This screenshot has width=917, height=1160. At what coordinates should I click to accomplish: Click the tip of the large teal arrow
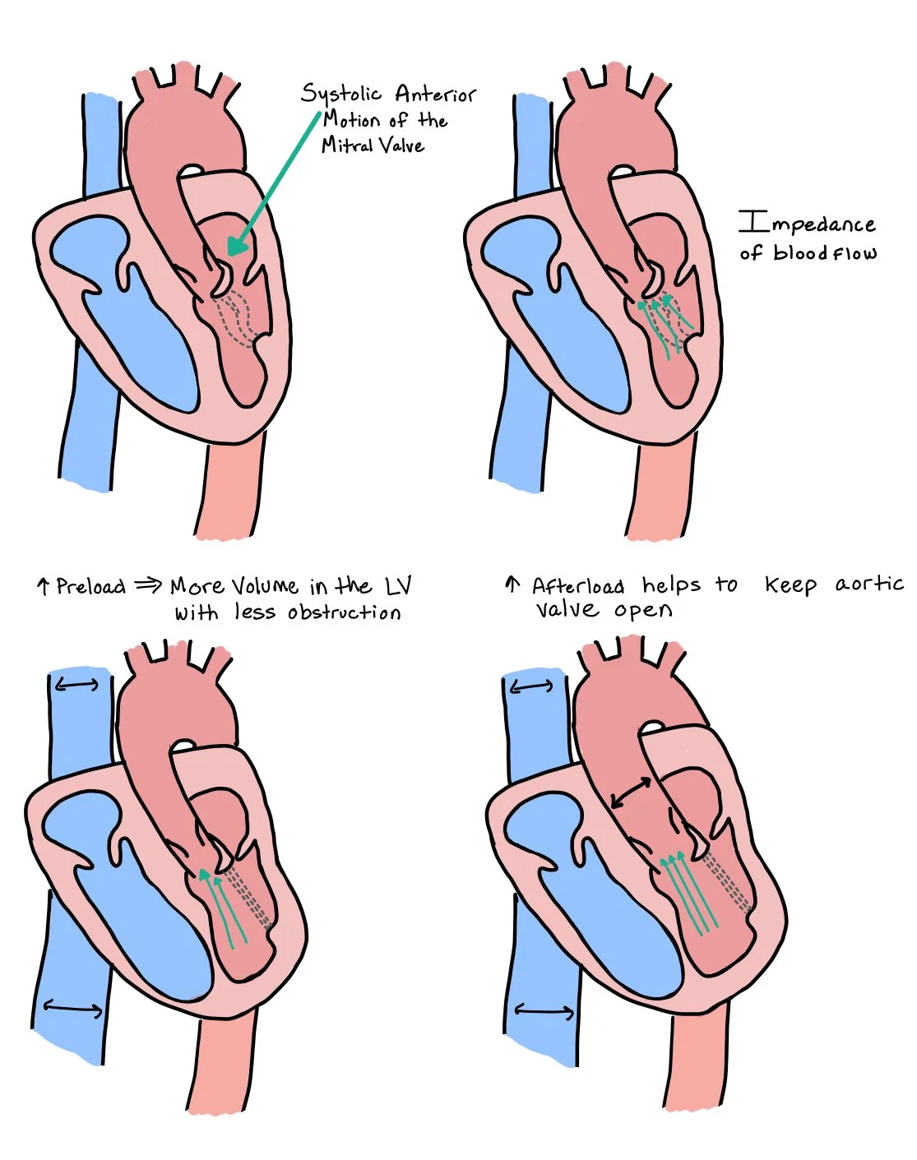click(x=231, y=252)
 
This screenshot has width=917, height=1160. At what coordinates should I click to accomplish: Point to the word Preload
click(x=90, y=586)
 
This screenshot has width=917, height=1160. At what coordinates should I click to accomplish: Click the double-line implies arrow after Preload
click(x=149, y=585)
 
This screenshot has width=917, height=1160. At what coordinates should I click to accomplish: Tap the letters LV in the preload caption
click(x=398, y=585)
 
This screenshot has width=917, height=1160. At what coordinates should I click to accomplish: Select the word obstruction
click(x=345, y=612)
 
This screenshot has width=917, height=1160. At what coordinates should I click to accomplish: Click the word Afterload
click(x=577, y=586)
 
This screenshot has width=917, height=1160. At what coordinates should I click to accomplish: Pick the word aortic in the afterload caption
click(x=869, y=584)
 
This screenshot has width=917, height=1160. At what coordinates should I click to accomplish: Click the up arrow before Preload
click(x=43, y=586)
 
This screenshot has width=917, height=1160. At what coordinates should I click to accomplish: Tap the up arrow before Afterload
click(x=512, y=585)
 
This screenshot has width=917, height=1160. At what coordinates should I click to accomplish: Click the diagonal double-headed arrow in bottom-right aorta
click(x=632, y=791)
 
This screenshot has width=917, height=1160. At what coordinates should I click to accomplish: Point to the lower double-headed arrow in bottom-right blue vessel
click(x=544, y=1010)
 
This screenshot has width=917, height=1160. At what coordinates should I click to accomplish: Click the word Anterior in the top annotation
click(x=435, y=95)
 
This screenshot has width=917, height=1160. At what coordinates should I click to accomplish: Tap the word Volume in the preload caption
click(x=264, y=586)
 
